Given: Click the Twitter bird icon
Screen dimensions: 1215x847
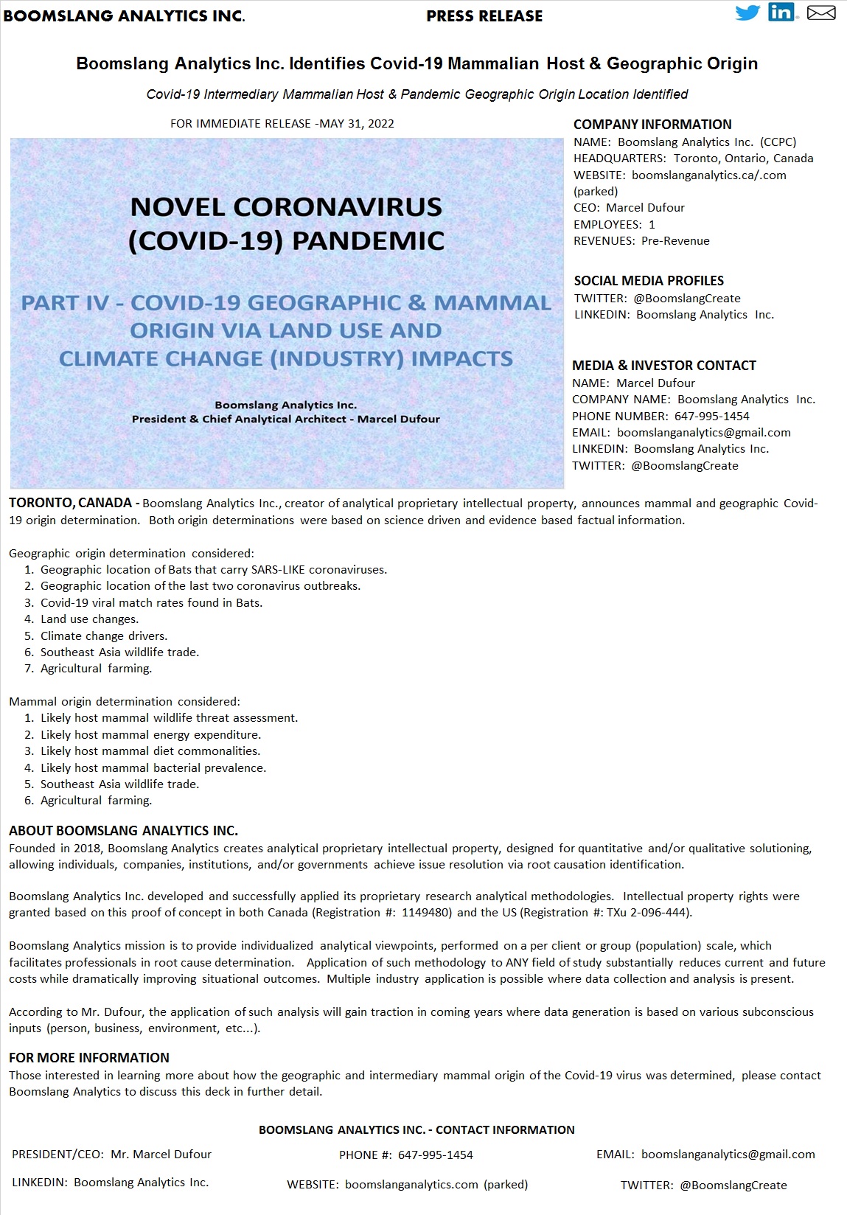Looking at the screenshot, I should coord(747,13).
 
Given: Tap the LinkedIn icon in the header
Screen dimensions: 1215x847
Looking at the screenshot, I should coord(781,13).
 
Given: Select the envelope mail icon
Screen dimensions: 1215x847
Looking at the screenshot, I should coord(820,13).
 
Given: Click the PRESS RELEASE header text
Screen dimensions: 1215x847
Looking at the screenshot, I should coord(484,16).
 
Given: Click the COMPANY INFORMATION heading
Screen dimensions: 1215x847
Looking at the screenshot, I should coord(652,125).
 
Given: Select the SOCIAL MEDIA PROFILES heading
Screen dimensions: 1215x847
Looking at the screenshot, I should coord(649,281).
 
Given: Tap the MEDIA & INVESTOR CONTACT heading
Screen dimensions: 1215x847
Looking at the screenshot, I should coord(664,366).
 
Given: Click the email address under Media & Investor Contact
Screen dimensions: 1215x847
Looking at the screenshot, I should coord(703,433).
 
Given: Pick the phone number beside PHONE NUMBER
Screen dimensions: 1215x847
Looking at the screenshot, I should coord(711,416).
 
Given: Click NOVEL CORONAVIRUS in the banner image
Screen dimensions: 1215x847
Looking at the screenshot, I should coord(286,207).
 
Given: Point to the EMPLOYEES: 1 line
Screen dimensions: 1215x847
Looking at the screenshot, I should coord(614,224).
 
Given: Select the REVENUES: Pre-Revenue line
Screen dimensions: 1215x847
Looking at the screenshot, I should coord(641,241).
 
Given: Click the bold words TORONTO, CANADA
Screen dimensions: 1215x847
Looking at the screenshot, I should coord(70,504).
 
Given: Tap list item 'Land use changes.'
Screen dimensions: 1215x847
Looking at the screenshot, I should coord(89,619).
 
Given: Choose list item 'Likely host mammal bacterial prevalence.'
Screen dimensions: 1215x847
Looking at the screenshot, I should coord(153,768).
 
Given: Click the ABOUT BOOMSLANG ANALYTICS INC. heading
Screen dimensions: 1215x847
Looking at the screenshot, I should coord(123,831).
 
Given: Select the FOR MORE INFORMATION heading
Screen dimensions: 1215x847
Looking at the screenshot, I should coord(89,1058).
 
